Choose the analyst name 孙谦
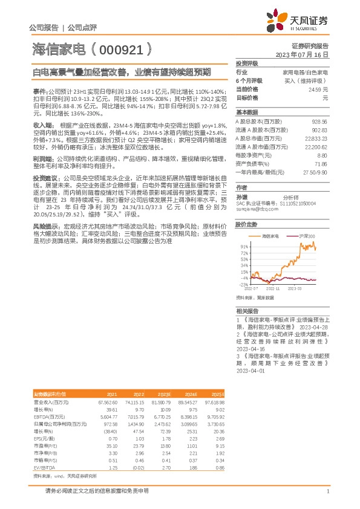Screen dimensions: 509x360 (241, 196)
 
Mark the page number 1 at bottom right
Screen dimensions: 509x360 (327, 490)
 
